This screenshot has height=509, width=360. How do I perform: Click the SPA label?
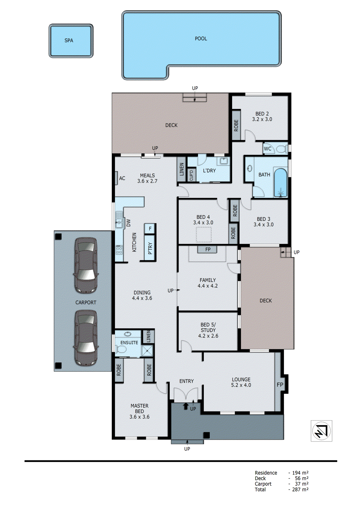click(x=69, y=40)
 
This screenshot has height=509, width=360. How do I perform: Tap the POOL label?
click(x=201, y=38)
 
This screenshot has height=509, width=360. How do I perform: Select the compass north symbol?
click(x=321, y=431)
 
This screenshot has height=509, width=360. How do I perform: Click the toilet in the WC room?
click(x=281, y=149)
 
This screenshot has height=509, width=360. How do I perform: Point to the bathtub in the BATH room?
click(x=280, y=183)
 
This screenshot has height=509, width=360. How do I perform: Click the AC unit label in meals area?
click(x=122, y=178)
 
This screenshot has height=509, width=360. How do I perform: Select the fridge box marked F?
click(x=150, y=228)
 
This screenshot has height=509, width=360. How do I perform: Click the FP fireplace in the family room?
click(x=208, y=249)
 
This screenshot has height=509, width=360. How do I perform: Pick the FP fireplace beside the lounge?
click(x=279, y=384)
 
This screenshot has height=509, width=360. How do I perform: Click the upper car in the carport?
click(x=85, y=265)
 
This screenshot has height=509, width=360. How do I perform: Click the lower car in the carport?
click(x=85, y=338)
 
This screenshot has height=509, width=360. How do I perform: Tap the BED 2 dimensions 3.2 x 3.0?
click(x=262, y=119)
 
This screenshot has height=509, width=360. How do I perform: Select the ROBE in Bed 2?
click(x=236, y=125)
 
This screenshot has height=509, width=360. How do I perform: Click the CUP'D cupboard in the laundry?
click(x=191, y=175)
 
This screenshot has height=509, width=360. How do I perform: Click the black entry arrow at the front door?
click(x=186, y=406)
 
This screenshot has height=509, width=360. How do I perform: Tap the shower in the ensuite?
click(x=147, y=351)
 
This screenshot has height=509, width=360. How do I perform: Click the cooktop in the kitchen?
click(x=119, y=250)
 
